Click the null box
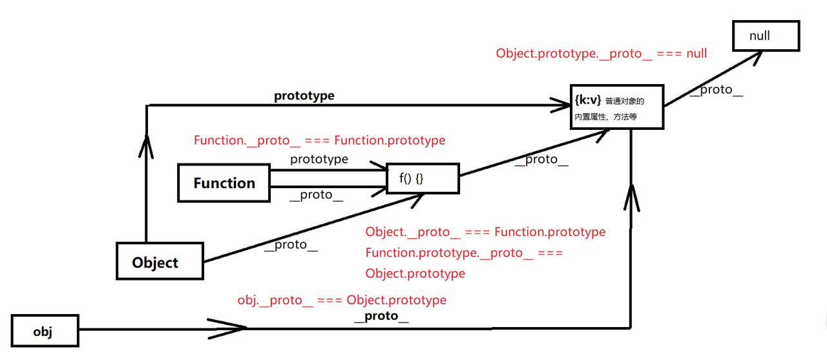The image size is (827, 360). (766, 36)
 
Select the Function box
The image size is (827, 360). (224, 183)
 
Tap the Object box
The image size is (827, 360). (160, 262)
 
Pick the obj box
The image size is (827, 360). (45, 332)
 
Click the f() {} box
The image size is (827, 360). (423, 178)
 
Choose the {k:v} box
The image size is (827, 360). (617, 107)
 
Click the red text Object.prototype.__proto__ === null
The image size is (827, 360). (601, 54)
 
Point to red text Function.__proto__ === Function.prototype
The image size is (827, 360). (319, 140)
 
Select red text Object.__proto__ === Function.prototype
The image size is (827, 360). (485, 231)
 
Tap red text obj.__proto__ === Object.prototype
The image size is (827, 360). (342, 300)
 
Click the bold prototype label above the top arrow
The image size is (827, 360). (304, 96)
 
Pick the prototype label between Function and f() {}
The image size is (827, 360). (319, 159)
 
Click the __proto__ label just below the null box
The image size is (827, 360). (716, 90)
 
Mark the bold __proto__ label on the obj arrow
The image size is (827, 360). (381, 316)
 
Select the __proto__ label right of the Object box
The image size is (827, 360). (291, 246)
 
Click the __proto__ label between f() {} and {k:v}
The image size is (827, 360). (541, 160)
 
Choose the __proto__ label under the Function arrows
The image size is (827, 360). (316, 195)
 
